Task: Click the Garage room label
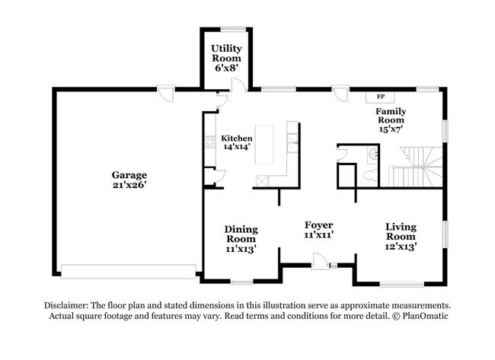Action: [127, 174]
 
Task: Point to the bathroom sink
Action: [371, 154]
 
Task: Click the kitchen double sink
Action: [291, 139]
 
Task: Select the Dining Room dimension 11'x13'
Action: [240, 248]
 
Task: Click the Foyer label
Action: [318, 225]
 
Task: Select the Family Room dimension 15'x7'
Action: [391, 129]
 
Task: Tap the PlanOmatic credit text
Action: [419, 315]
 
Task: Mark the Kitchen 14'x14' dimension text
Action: [236, 147]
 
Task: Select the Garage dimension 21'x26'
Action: [127, 184]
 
